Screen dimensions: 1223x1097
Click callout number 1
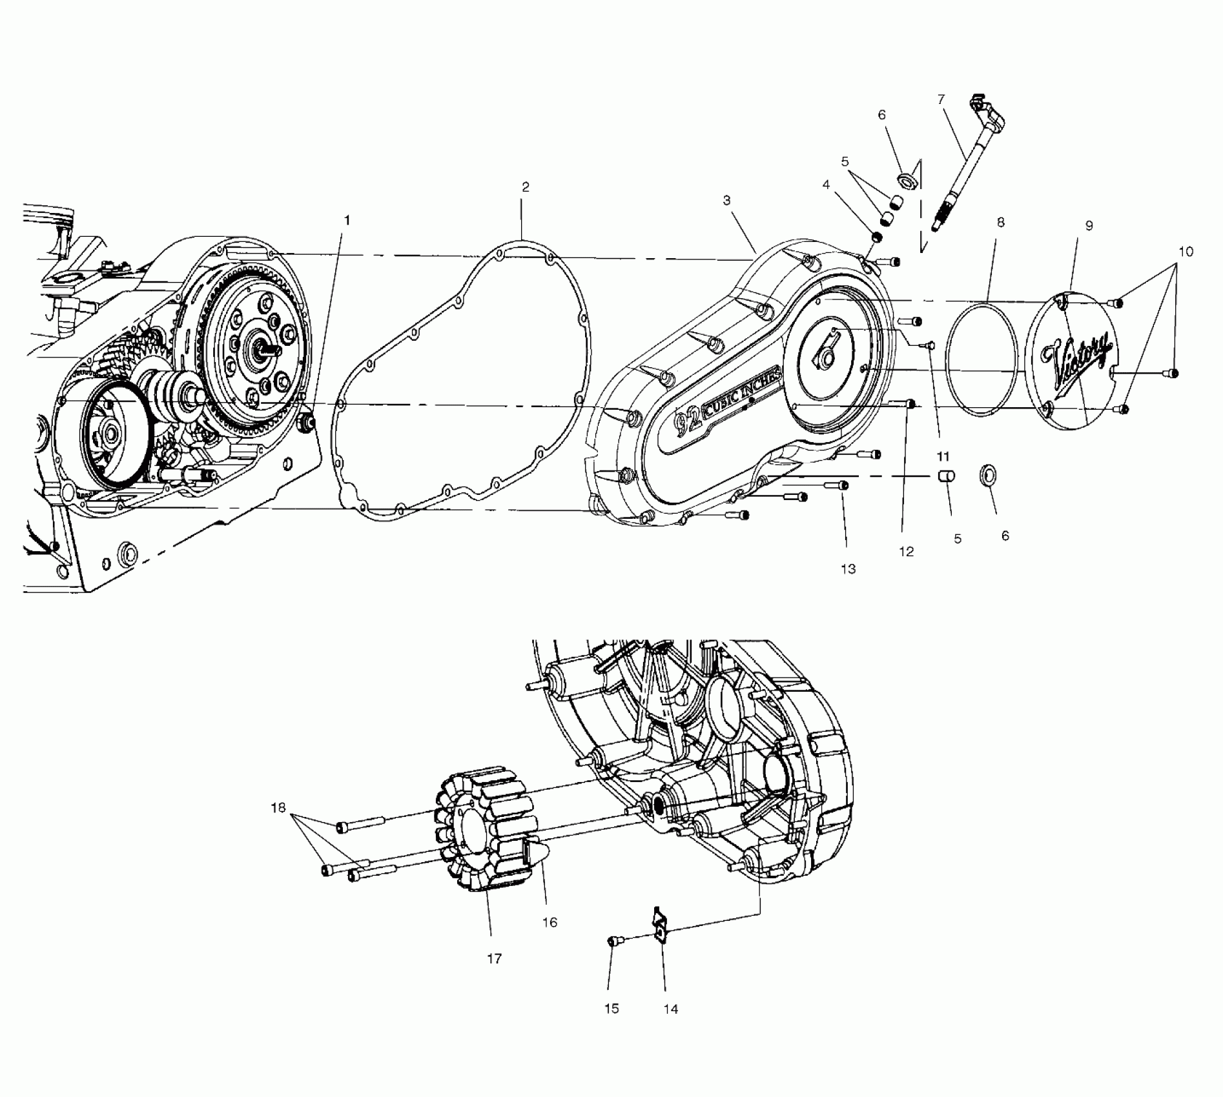[x=347, y=221]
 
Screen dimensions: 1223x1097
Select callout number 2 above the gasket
[x=526, y=187]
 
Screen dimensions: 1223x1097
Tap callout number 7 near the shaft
[x=941, y=99]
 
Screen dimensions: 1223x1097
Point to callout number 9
[x=1089, y=226]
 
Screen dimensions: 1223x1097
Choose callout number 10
[x=1186, y=252]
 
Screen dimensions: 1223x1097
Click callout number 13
[x=848, y=569]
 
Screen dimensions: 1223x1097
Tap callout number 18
[x=278, y=808]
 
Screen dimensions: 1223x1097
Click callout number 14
[x=671, y=1009]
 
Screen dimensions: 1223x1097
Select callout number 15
[x=611, y=1009]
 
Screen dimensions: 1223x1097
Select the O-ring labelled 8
[x=981, y=359]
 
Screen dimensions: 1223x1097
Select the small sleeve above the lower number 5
[x=947, y=478]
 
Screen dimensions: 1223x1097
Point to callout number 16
[x=550, y=923]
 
